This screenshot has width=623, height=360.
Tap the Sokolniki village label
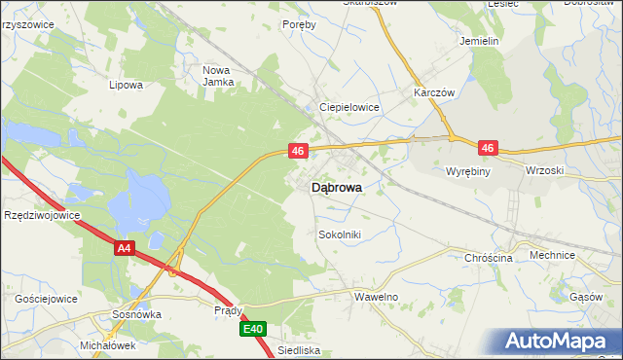tap(341, 234)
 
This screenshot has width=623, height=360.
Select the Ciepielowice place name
tap(349, 107)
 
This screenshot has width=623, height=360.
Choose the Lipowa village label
tap(127, 85)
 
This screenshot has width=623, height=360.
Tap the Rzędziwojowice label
tap(42, 215)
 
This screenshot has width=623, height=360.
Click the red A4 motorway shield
tap(123, 248)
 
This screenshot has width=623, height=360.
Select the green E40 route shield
tap(253, 330)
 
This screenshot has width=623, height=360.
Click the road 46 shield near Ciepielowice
tap(298, 151)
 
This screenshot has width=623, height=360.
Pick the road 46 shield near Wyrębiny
tap(488, 148)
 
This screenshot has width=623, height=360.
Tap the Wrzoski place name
tap(544, 170)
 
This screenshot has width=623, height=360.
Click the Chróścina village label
tap(489, 258)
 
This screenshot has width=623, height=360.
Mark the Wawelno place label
tap(377, 296)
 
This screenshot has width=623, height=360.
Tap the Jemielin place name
tap(479, 42)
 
